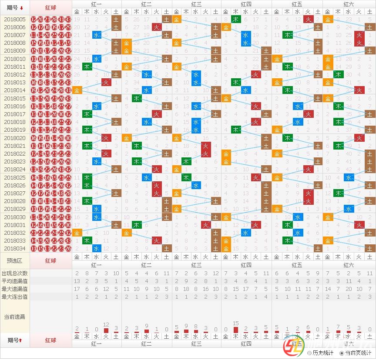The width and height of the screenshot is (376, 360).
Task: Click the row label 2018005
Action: pos(15,19)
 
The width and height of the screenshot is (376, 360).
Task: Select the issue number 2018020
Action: pos(15,138)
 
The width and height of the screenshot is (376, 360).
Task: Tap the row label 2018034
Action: pos(15,248)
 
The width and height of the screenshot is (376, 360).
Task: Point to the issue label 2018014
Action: pos(15,90)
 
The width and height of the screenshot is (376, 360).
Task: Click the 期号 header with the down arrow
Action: pos(15,7)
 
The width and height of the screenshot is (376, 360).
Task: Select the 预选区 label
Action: pos(15,260)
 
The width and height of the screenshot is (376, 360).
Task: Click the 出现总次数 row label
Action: pos(15,273)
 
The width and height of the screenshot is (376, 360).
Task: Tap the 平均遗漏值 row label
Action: pos(15,281)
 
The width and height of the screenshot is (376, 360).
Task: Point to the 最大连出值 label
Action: pos(15,297)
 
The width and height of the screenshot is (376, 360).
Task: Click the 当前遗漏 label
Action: pos(15,317)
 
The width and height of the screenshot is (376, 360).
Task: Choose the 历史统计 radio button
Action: pos(309,353)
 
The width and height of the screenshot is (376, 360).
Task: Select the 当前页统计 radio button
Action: pos(342,353)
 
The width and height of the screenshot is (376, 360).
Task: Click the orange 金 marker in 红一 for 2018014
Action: pos(77,90)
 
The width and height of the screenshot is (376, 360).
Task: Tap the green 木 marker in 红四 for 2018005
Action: pos(235,19)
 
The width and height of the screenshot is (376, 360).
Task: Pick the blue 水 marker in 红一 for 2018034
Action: pos(97,248)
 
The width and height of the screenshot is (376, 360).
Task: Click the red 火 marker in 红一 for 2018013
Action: pos(106,82)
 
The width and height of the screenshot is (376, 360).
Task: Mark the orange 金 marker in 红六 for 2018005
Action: pos(328,19)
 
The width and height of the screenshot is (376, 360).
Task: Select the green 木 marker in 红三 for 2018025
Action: pos(186,177)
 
